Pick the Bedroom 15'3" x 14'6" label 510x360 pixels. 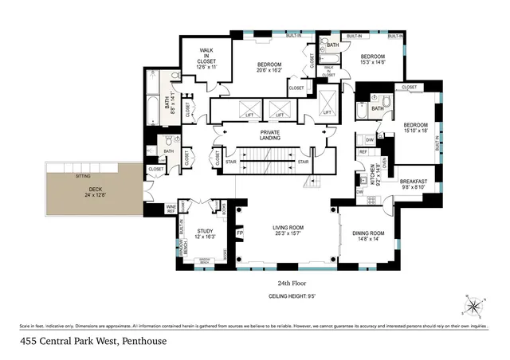[x=372, y=59]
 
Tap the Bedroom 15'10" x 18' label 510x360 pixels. [x=415, y=129]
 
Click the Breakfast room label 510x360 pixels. [x=413, y=184]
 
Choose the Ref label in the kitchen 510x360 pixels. [x=363, y=151]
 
